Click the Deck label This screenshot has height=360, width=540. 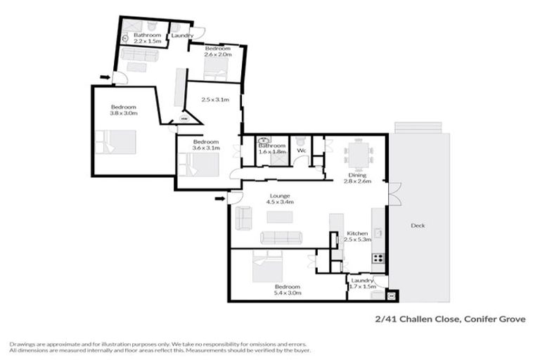[418, 226]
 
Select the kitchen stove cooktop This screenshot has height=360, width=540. [378, 258]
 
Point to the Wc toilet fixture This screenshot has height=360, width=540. [300, 141]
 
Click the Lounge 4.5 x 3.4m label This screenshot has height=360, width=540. [280, 198]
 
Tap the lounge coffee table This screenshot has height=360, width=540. [280, 217]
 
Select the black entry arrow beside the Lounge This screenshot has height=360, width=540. [219, 199]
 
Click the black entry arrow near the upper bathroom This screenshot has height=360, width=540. [105, 77]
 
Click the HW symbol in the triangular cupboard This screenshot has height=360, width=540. [184, 119]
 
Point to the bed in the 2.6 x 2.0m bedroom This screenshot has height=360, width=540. [214, 68]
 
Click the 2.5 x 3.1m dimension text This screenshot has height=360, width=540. [214, 100]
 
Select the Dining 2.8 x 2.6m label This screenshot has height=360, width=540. [357, 179]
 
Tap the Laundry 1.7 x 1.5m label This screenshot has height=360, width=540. [364, 283]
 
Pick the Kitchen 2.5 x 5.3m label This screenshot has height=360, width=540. [359, 236]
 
